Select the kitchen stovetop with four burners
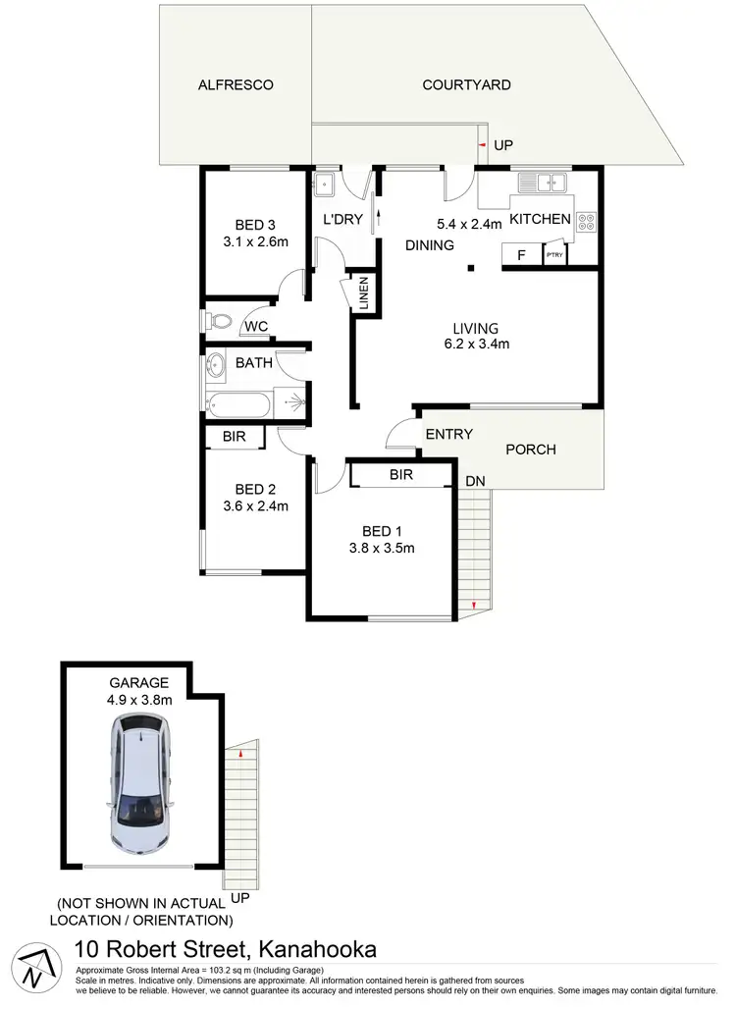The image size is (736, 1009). pos(586,222)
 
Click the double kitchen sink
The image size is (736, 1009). pos(541,182)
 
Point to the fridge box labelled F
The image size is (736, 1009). pos(521,255)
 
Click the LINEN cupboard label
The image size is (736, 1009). pos(363,294)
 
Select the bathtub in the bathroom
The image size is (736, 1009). pos(241,402)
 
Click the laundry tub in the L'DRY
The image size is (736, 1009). pos(326,183)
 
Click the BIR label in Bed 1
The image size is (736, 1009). pos(400,475)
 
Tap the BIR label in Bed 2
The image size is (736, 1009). pos(234,437)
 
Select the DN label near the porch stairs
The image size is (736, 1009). pos(475,481)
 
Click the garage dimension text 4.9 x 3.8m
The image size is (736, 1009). pos(140,700)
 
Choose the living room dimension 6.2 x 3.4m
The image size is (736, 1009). pos(475,344)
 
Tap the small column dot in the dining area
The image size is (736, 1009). pos(471,266)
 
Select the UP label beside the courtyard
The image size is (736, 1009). pos(503,145)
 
